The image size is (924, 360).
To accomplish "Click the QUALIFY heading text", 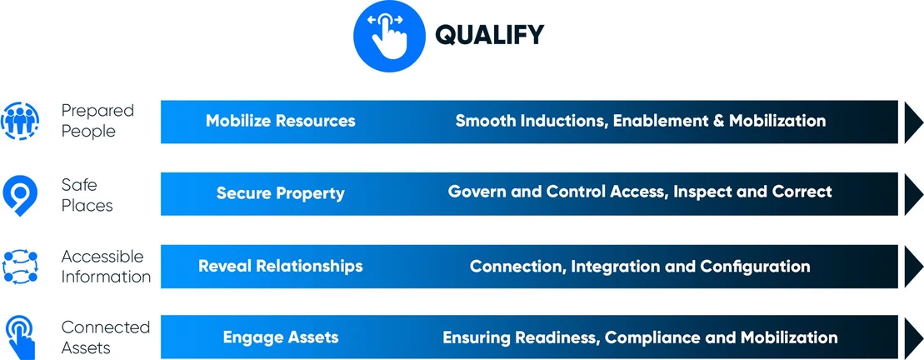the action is (x=489, y=35).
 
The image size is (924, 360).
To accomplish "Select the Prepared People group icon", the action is (x=20, y=121).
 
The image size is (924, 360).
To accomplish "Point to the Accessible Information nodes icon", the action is (x=20, y=267).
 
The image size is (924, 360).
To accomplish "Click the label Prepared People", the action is (x=97, y=121).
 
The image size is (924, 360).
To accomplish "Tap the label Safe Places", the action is (x=87, y=195).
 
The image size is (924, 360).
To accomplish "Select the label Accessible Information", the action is (x=106, y=267).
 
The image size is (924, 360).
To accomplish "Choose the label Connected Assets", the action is (x=106, y=337).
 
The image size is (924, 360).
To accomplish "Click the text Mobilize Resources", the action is (x=281, y=121).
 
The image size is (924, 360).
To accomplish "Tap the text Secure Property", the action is (x=281, y=193).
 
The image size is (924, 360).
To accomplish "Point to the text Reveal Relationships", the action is (x=281, y=266).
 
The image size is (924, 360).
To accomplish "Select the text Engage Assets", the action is (x=281, y=337).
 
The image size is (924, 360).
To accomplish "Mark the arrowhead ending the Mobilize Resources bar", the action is (x=913, y=122).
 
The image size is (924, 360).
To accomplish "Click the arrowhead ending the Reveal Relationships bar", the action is (x=913, y=267).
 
